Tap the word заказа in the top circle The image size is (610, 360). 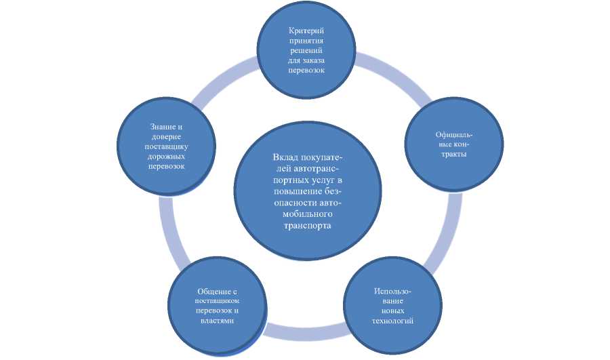pyautogui.click(x=321, y=60)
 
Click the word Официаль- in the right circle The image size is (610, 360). pyautogui.click(x=453, y=135)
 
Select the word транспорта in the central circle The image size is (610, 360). pyautogui.click(x=308, y=226)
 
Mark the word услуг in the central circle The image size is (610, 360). pyautogui.click(x=323, y=181)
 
